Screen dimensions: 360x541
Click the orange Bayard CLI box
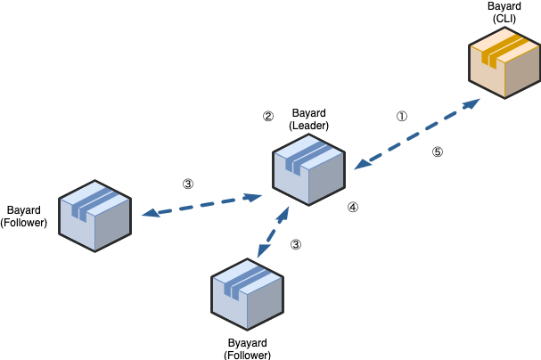pos(504,64)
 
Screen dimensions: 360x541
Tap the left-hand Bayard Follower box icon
pos(94,217)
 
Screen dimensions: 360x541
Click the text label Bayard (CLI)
pos(504,12)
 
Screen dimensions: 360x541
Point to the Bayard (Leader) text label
pos(308,119)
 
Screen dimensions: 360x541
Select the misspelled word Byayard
pos(248,341)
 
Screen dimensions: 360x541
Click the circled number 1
pos(401,117)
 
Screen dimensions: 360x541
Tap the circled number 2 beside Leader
pos(267,116)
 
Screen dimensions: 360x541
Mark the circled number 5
pos(437,151)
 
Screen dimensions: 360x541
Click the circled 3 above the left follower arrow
pos(187,184)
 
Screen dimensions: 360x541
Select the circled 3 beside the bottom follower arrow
pos(296,243)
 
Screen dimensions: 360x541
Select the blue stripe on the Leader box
pos(303,155)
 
